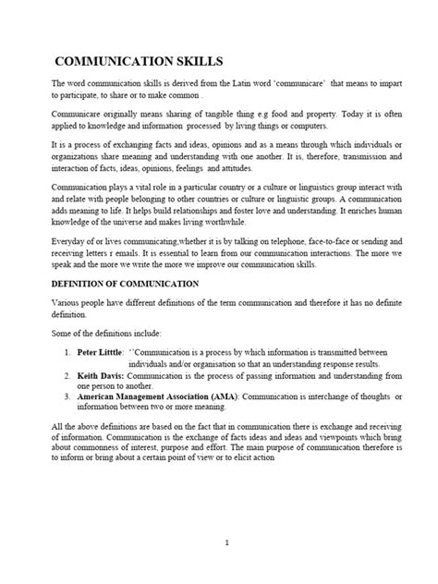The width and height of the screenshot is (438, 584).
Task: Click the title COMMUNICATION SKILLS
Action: pos(140,62)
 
